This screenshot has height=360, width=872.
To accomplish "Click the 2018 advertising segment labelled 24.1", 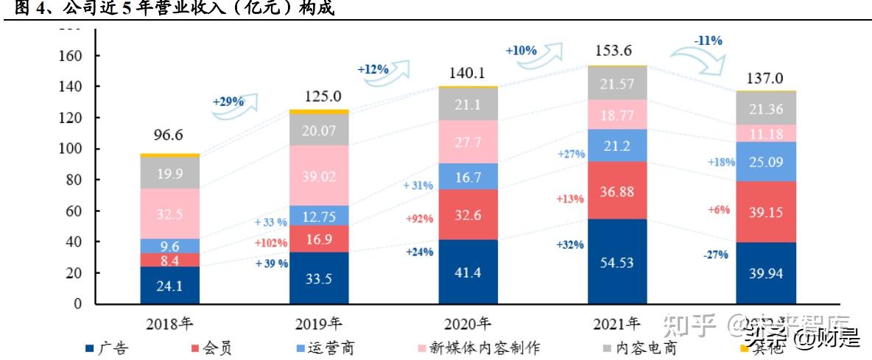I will point(169,286).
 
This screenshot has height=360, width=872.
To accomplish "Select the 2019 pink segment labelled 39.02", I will point(319,177).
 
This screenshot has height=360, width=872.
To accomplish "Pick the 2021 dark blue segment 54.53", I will point(617,262).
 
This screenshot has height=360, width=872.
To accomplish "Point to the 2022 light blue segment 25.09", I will point(767,162).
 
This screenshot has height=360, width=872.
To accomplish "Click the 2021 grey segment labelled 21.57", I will point(617,83).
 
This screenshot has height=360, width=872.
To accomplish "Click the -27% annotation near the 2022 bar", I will point(715,255).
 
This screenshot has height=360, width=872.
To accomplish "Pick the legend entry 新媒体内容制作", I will point(465,347).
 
